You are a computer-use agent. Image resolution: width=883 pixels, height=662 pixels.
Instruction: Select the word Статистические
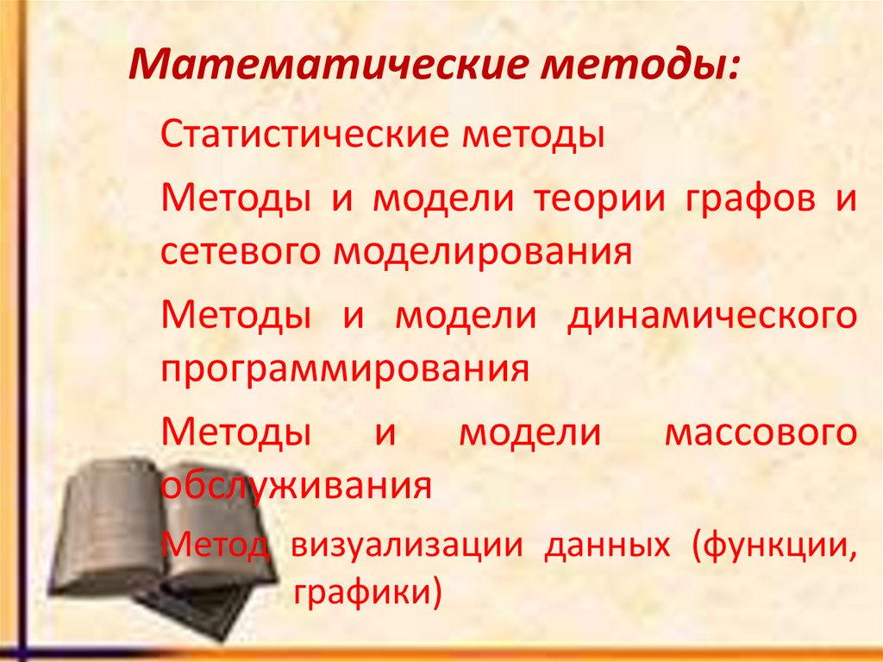tap(303, 137)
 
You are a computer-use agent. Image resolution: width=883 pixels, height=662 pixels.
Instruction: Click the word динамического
tap(711, 315)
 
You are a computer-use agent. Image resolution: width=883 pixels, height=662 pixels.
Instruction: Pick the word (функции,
tap(774, 547)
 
